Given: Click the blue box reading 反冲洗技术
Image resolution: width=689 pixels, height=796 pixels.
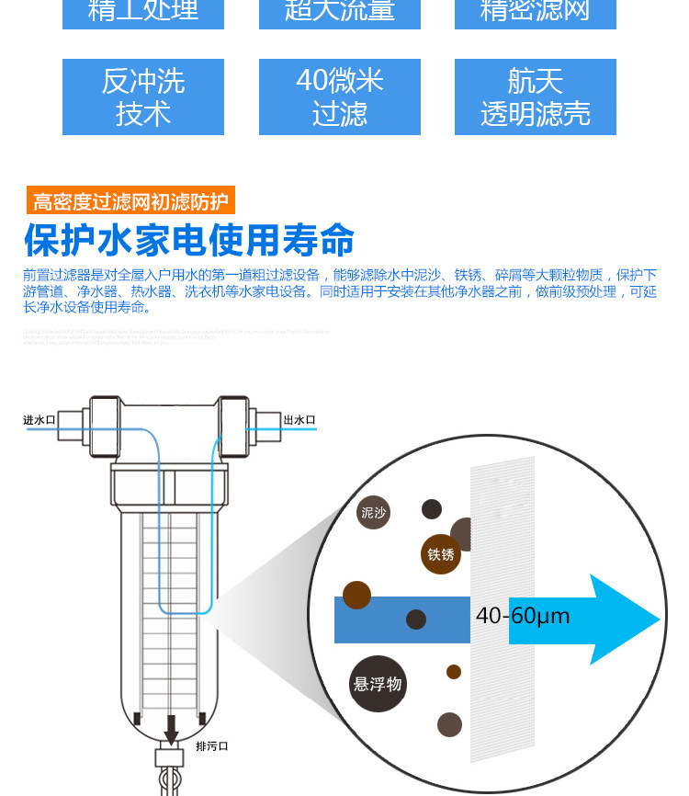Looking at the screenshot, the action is coord(143,97).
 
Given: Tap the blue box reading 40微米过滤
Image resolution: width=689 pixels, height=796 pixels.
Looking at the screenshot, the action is coord(339,97).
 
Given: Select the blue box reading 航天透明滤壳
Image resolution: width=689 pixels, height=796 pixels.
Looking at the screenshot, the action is coord(535,97).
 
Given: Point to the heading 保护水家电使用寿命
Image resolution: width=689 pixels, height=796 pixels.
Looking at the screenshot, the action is coord(189,241).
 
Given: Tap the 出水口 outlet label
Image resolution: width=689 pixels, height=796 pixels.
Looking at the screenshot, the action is coord(299,420).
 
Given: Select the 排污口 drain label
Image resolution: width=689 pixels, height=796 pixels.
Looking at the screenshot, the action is coord(211,745).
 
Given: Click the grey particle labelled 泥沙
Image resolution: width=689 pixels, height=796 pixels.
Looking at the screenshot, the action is coord(374,512).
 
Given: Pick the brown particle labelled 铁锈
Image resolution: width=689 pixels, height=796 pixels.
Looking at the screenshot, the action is coord(441,554).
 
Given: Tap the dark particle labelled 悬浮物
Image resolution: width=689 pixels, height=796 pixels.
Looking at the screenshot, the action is coord(378,684).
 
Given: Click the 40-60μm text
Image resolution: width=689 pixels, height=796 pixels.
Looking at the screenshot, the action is coord(523,616).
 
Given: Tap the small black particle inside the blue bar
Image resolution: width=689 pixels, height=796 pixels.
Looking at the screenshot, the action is coord(416,619).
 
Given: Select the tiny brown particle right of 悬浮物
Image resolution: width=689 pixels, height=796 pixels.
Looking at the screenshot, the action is coord(454,672).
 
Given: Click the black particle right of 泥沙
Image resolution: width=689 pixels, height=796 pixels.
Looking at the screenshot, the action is coord(432,508).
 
